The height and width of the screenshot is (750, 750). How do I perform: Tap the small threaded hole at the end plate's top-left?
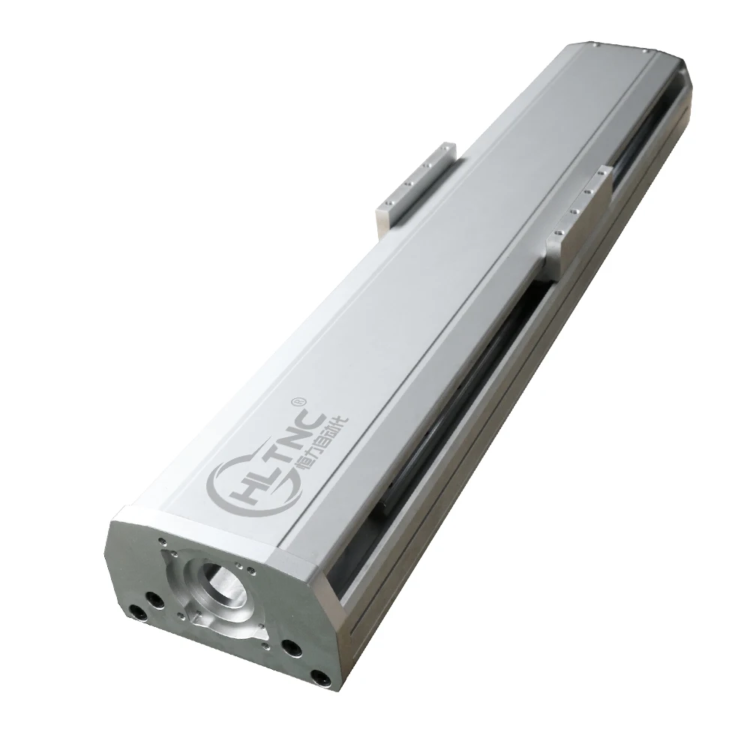click(160, 538)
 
